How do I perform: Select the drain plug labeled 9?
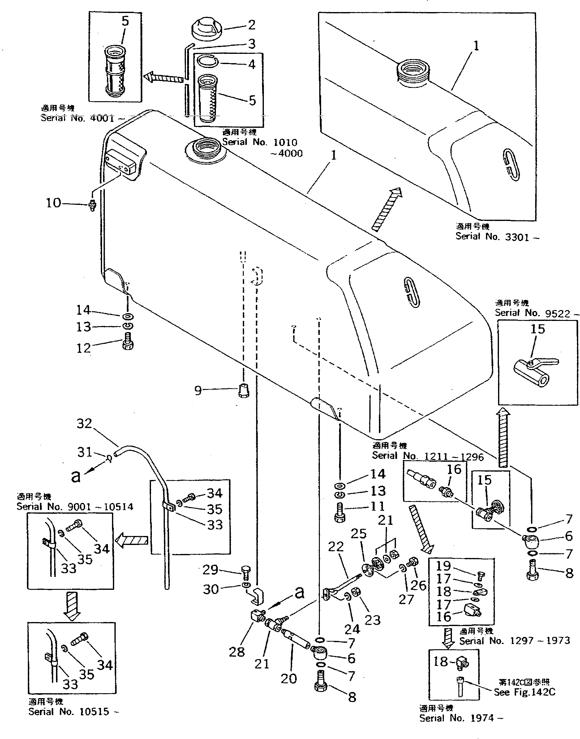pos(244,391)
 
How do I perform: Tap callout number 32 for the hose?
pos(84,424)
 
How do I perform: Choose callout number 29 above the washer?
pos(210,570)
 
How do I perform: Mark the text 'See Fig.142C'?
pos(524,692)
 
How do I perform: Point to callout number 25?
pos(359,534)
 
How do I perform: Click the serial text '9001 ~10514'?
pos(100,507)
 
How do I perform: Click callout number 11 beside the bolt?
pos(378,506)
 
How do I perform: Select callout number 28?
pos(237,652)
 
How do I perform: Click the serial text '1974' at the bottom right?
pos(482,718)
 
